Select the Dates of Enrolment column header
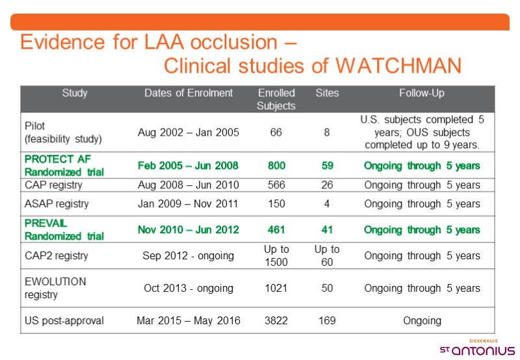pos(188,93)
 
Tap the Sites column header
pos(327,93)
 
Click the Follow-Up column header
pos(422,93)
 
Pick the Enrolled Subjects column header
pos(276,99)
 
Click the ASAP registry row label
pos(57,203)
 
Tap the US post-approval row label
pos(64,320)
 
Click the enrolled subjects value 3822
pos(276,320)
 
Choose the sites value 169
pos(327,320)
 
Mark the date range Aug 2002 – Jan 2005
pos(188,133)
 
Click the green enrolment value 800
pos(276,165)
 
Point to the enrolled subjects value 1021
pos(276,288)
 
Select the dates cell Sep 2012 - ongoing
pos(188,255)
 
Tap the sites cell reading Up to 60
pos(327,255)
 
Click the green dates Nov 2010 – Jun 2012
pos(188,229)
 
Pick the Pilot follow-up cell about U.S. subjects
pos(422,133)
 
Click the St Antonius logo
pos(478,348)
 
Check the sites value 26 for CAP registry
pos(327,185)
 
